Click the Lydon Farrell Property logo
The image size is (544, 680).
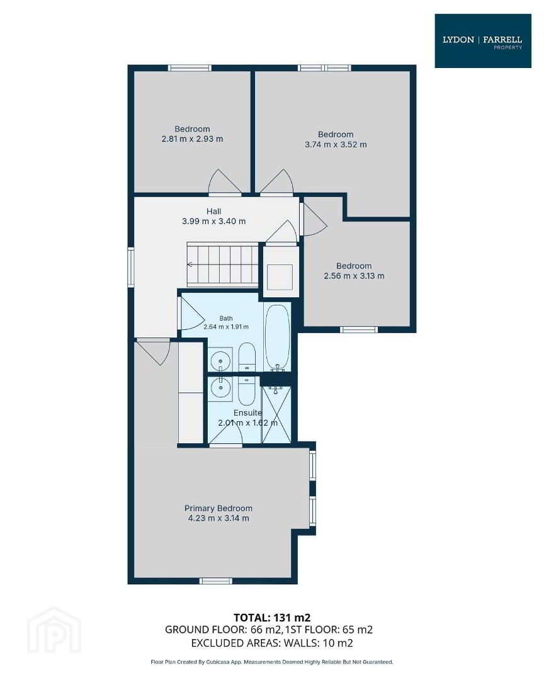click(x=483, y=41)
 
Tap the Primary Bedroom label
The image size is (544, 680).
click(x=218, y=508)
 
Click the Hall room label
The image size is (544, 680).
click(x=214, y=211)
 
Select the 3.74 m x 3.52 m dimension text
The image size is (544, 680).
click(x=336, y=144)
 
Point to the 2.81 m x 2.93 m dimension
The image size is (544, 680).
click(x=192, y=139)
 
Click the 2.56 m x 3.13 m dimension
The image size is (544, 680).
click(x=354, y=276)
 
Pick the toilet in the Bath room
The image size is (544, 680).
click(x=247, y=357)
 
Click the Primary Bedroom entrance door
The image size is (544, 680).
click(x=152, y=353)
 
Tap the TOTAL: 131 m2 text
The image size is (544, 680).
click(x=272, y=618)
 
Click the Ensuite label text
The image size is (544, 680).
click(x=247, y=412)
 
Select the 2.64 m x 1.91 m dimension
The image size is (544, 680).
click(x=226, y=327)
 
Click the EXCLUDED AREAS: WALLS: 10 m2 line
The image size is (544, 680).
click(x=272, y=643)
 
